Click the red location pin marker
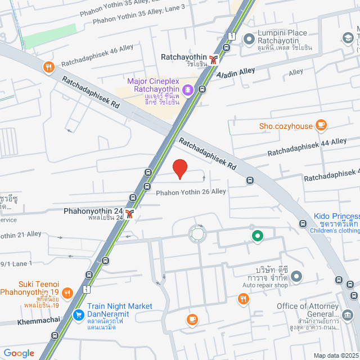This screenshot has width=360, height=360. [x=179, y=168]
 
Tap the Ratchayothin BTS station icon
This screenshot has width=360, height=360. [x=213, y=58]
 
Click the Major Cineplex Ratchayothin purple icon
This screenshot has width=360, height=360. [x=188, y=89]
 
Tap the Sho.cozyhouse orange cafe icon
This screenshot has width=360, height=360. [x=321, y=125]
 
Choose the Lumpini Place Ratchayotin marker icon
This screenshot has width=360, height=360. [x=249, y=38]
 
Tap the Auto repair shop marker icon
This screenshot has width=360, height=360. [x=297, y=276]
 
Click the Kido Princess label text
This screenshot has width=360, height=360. [x=336, y=217]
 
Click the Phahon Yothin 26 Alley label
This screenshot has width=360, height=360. [x=191, y=192]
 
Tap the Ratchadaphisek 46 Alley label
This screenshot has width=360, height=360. [x=89, y=56]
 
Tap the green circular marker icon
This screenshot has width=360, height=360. [x=258, y=236]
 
